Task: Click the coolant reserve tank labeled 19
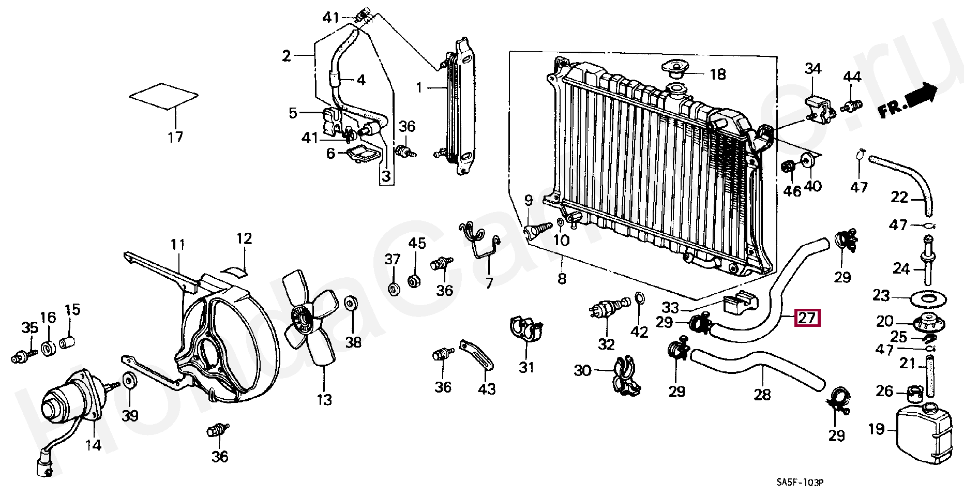tap(923, 432)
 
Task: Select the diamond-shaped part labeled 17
tap(163, 96)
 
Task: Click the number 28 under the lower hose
tap(762, 395)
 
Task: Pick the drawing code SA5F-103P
tap(800, 483)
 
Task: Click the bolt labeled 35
tap(22, 356)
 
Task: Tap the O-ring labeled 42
tap(639, 298)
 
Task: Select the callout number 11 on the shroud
tap(178, 245)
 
